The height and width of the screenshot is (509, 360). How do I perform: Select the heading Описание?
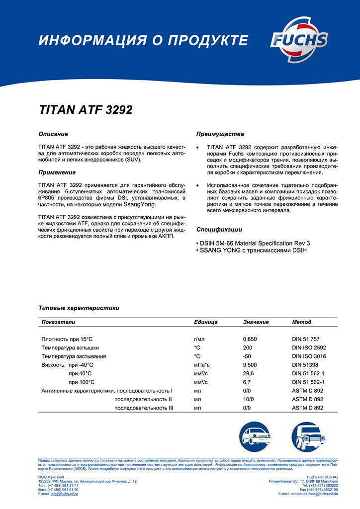53,134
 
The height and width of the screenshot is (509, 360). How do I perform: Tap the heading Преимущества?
220,134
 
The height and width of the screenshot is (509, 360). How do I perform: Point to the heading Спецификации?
219,230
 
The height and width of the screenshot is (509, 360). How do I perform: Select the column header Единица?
206,322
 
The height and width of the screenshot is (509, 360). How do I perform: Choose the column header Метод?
302,322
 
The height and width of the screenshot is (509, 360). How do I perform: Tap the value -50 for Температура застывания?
247,356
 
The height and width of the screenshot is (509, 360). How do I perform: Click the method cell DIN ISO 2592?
309,347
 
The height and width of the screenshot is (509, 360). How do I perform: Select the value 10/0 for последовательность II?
248,399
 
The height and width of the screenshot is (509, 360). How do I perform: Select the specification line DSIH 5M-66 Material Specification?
255,243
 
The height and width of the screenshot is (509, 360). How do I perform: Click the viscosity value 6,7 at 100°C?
247,382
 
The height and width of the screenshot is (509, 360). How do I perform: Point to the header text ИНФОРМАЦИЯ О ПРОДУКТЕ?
143,40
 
